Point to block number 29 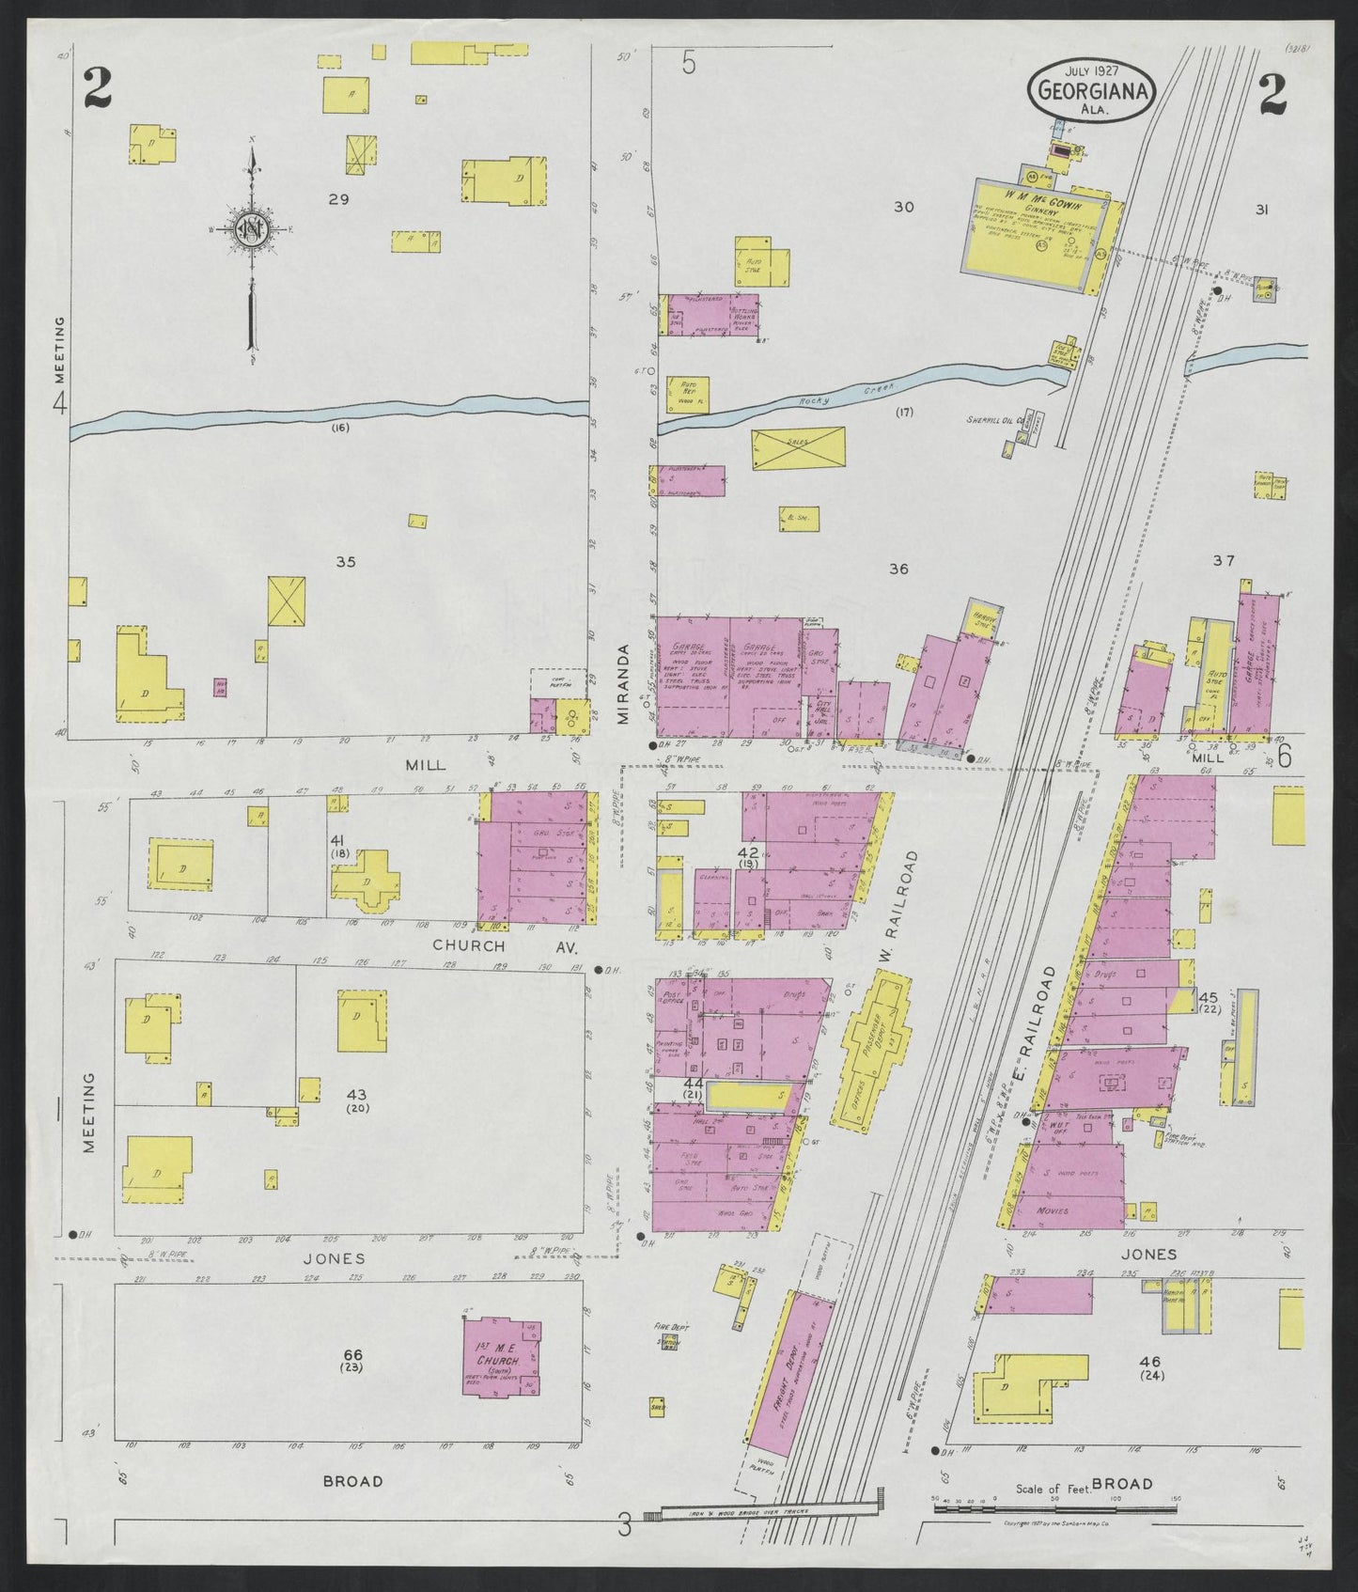pyautogui.click(x=338, y=199)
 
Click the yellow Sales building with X pyautogui.click(x=798, y=447)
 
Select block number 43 pyautogui.click(x=356, y=1094)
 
